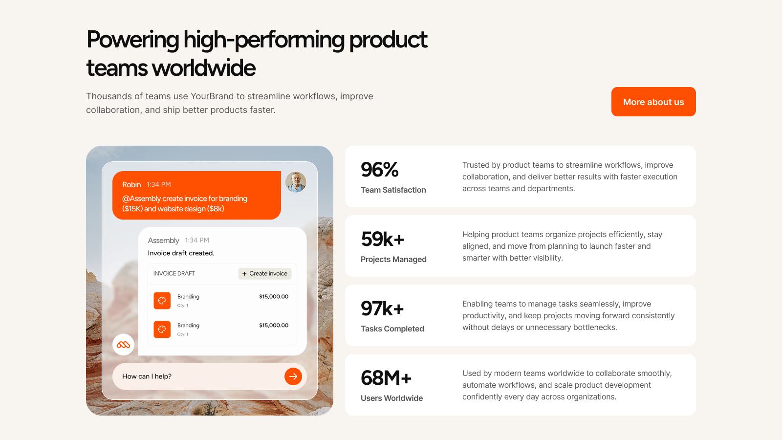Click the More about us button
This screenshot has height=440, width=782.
653,102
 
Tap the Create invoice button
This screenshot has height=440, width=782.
265,273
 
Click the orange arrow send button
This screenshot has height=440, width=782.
293,376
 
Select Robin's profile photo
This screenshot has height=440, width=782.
296,181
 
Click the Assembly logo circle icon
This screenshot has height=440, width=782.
123,345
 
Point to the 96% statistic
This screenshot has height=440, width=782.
379,170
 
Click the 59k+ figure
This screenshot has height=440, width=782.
383,239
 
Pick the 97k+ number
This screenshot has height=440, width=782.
382,308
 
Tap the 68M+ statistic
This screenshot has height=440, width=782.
386,378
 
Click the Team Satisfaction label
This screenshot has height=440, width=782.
393,190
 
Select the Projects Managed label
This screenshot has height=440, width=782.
393,259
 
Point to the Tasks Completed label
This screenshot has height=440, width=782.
392,329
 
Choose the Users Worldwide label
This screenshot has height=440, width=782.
391,398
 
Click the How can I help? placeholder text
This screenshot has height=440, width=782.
147,376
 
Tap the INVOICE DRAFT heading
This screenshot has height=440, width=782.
174,273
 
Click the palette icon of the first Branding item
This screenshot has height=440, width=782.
162,301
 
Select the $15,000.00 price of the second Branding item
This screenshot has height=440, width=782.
274,325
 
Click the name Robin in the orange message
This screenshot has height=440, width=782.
131,184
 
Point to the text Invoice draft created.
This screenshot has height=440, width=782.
181,253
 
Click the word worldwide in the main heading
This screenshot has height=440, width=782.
203,68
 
